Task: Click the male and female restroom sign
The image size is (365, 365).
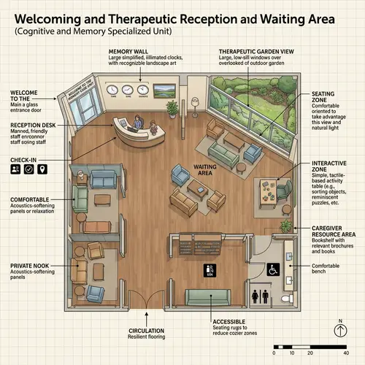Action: point(260,297)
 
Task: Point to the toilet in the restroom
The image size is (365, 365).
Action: point(289,299)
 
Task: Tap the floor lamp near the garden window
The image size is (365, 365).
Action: point(193,99)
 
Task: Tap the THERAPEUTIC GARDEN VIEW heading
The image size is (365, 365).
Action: point(257,50)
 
